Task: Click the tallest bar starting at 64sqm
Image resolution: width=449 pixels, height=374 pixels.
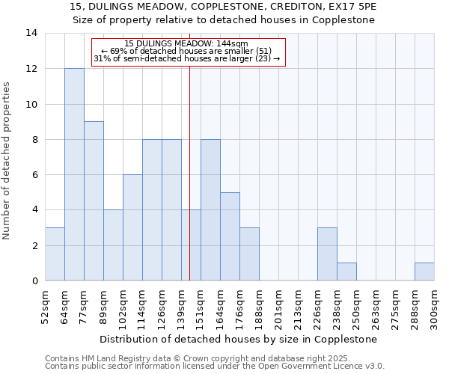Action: coord(74,174)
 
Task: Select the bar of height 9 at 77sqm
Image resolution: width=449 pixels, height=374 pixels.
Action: coord(94,201)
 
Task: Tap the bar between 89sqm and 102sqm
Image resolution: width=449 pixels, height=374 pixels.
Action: coord(113,245)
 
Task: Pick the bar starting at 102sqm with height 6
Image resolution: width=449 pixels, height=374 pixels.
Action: coord(132,227)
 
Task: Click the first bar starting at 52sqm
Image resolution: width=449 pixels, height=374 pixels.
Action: coord(55,254)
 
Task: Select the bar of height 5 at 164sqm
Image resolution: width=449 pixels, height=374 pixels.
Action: coord(230,236)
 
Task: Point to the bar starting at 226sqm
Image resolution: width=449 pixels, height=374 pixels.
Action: coord(327,254)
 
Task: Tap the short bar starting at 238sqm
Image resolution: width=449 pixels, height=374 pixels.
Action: coord(346,272)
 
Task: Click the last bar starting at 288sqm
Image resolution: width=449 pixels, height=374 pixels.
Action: coord(424,272)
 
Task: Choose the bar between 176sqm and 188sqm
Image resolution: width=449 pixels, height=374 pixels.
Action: coord(249,254)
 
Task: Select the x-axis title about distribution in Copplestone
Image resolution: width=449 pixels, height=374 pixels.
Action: coord(239,339)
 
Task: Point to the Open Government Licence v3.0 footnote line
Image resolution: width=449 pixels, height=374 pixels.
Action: coord(215,367)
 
